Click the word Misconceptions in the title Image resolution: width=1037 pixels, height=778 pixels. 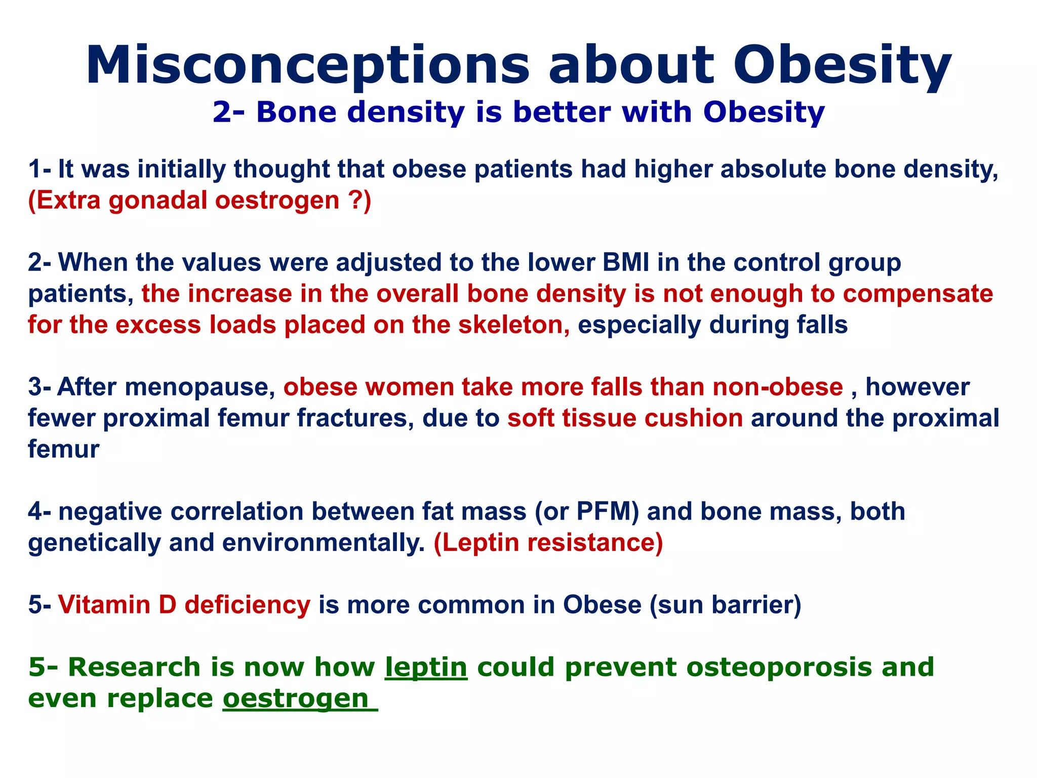307,66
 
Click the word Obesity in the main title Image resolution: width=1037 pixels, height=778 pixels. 843,66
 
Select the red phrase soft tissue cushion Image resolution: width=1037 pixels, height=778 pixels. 625,418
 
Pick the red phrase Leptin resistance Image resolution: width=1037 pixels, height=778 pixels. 548,543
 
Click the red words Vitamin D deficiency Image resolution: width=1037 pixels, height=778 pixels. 184,605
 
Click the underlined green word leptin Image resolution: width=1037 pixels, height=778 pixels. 426,667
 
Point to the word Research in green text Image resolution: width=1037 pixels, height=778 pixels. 134,667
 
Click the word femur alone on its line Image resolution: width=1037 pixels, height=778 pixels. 63,450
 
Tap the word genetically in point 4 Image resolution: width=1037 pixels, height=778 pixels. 94,543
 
